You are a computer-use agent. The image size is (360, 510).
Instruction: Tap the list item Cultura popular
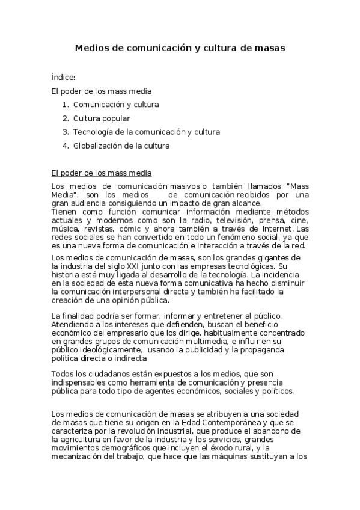102,118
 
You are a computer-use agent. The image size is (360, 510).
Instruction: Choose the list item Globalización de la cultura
121,146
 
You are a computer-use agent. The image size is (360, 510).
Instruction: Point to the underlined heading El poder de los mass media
102,173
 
